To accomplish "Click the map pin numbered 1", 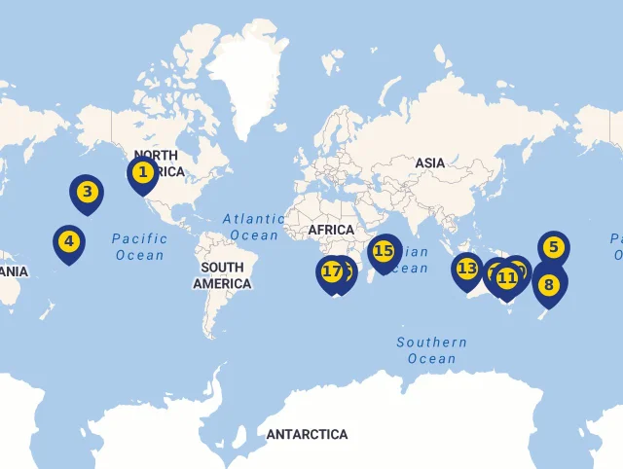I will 143,173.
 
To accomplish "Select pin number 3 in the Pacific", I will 87,192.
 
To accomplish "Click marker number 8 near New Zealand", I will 550,284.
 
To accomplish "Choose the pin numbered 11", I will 506,278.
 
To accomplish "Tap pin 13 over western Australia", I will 467,269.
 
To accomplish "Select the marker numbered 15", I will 384,251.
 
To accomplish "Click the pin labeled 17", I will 331,271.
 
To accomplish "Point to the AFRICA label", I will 331,230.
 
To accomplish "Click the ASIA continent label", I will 429,162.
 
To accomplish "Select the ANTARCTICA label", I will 307,434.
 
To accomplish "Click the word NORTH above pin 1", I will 156,156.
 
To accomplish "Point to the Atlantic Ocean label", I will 252,227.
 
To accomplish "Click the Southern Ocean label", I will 431,350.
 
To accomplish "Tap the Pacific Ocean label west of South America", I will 139,246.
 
